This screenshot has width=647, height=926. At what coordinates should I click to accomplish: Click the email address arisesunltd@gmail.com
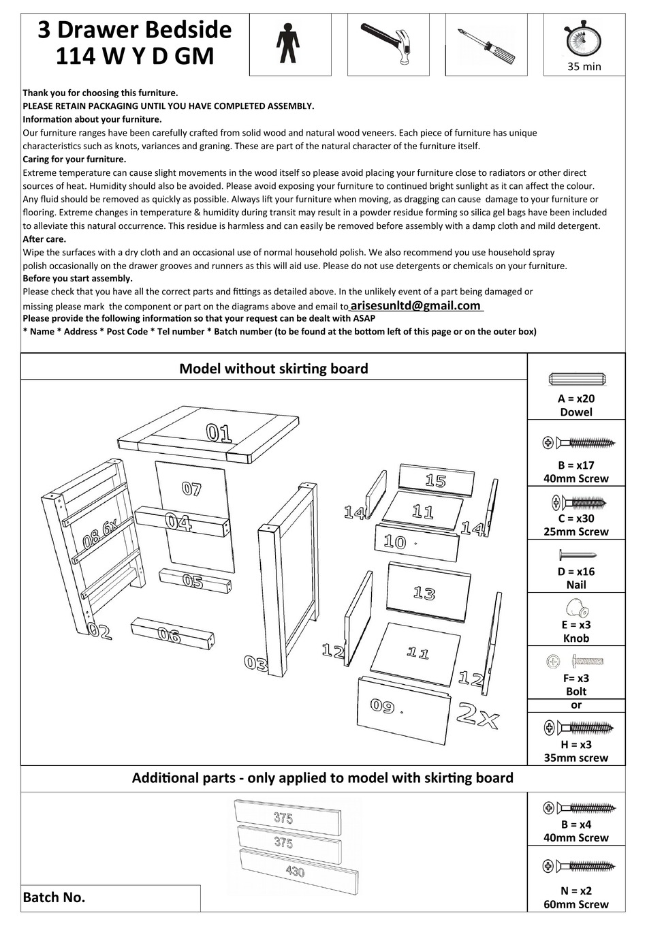415,306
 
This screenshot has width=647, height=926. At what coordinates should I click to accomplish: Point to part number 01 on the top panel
219,433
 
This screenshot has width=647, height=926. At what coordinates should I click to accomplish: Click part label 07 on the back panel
192,488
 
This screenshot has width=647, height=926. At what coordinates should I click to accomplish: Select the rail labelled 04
178,523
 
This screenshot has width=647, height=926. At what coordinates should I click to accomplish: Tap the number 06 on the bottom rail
169,635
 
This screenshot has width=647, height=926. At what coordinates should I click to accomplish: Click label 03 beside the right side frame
256,662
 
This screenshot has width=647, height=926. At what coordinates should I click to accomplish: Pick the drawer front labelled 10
395,542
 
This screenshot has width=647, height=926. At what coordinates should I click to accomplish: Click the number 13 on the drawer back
424,593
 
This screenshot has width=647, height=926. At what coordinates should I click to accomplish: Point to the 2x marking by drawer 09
478,715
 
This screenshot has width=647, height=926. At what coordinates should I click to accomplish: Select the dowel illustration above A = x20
576,380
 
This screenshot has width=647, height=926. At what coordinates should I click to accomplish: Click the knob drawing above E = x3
576,606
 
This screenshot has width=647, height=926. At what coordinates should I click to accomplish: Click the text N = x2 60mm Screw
576,897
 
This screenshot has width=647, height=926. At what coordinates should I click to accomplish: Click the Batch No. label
54,897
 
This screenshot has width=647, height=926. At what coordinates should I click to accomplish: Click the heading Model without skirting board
273,369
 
